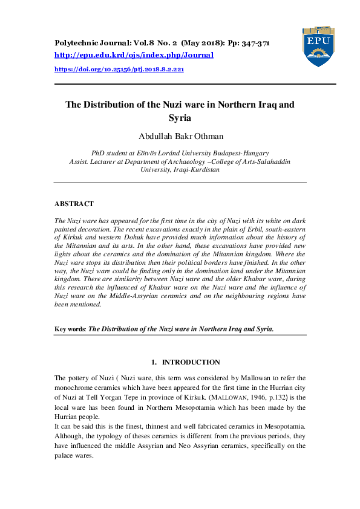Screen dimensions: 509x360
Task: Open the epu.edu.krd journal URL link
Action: (134, 55)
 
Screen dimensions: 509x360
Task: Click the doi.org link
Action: (119, 70)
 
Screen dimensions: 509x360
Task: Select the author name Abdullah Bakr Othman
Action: (180, 137)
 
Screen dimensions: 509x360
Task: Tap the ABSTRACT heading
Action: (74, 204)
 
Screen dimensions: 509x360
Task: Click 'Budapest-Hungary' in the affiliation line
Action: (240, 154)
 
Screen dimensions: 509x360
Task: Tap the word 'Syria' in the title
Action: (180, 118)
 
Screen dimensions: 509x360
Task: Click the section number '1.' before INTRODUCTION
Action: (154, 362)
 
